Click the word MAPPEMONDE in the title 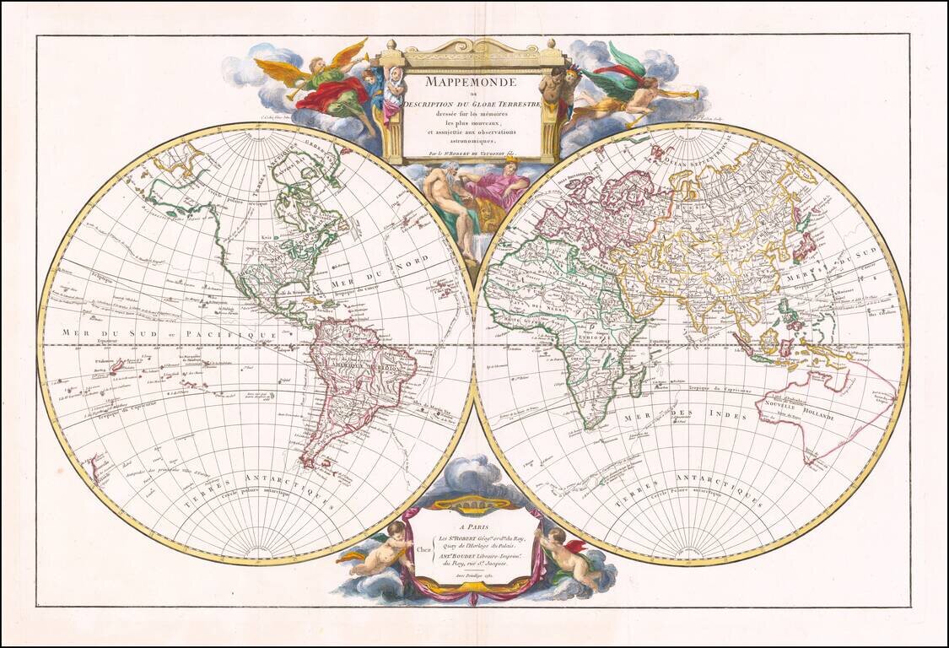(471, 83)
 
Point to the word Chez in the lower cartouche (424, 547)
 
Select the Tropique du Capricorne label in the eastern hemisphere (721, 391)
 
